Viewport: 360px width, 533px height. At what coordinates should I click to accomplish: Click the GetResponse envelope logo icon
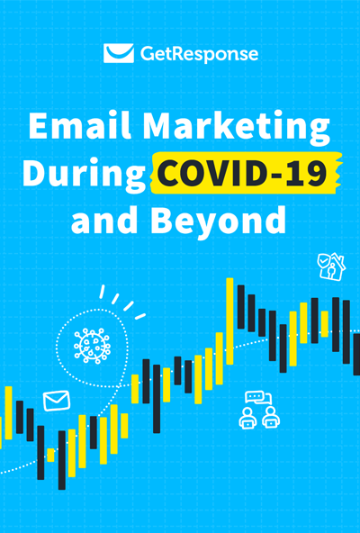pos(119,53)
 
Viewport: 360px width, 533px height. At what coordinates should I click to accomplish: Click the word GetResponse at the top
pos(199,54)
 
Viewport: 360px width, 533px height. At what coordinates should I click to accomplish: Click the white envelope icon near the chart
pos(56,399)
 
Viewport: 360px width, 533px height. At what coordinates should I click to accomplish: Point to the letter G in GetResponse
pos(148,54)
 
